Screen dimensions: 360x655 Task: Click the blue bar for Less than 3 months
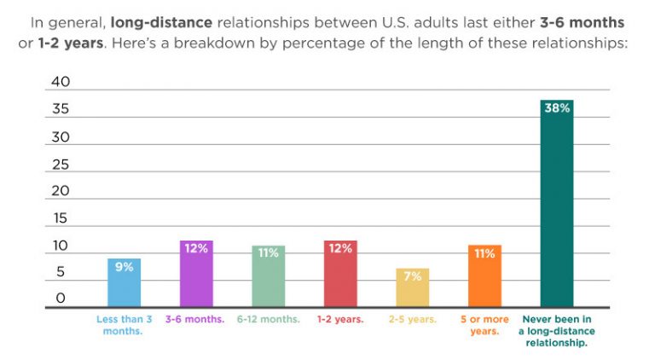coord(124,283)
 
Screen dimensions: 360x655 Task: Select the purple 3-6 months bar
coord(196,275)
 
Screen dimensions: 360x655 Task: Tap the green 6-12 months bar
coord(269,277)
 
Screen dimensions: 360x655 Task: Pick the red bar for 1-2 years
coord(340,275)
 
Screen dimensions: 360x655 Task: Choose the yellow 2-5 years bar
coord(413,288)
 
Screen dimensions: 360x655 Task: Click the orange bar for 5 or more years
coord(484,277)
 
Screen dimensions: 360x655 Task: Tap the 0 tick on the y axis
coord(61,299)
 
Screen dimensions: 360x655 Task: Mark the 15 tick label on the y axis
coord(61,218)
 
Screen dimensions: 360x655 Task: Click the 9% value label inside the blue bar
coord(124,267)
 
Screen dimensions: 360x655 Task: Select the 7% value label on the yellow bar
coord(413,277)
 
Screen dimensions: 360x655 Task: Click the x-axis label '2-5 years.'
coord(413,319)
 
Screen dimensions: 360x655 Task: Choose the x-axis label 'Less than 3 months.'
coord(124,325)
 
